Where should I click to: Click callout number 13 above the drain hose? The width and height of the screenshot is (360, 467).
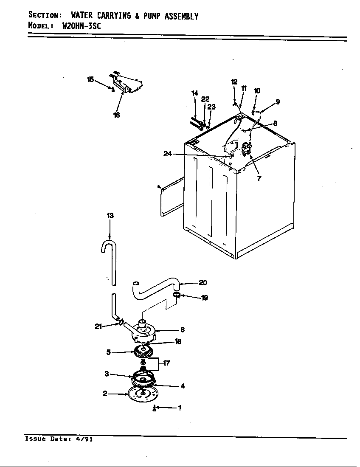[110, 216]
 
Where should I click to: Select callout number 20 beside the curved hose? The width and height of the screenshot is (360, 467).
[203, 283]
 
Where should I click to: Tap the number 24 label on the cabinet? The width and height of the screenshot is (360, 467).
[167, 154]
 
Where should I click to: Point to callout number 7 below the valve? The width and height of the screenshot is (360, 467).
[259, 178]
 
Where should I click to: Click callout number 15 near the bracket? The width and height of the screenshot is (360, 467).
[90, 79]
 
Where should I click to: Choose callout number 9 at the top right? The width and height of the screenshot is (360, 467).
[278, 101]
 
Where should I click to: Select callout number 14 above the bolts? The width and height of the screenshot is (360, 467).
[194, 93]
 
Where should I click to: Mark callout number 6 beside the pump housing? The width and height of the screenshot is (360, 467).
[182, 329]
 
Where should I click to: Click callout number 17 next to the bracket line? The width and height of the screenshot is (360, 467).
[167, 363]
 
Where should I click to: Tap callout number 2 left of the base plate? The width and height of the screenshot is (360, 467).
[105, 394]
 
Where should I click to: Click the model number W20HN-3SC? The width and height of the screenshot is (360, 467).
[82, 25]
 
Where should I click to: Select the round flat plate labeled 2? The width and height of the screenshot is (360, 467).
[141, 395]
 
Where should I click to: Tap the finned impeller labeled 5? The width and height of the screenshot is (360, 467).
[143, 352]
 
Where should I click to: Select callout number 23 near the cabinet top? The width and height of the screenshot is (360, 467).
[211, 107]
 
